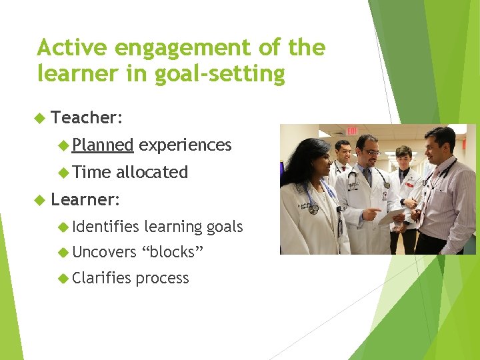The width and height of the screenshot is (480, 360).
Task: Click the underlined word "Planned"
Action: pyautogui.click(x=103, y=145)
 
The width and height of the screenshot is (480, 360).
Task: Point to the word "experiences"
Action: pyautogui.click(x=185, y=145)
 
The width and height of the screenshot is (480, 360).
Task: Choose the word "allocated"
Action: pyautogui.click(x=152, y=172)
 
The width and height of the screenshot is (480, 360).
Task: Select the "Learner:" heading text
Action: pyautogui.click(x=85, y=199)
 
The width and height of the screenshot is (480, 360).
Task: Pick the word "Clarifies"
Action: pyautogui.click(x=101, y=279)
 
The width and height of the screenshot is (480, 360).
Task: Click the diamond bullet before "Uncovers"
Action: pyautogui.click(x=63, y=252)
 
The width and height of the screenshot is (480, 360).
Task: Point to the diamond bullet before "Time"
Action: pyautogui.click(x=63, y=172)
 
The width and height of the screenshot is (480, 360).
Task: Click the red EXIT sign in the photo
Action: pyautogui.click(x=352, y=130)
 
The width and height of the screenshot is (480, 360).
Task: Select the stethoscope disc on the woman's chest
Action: pyautogui.click(x=313, y=209)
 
